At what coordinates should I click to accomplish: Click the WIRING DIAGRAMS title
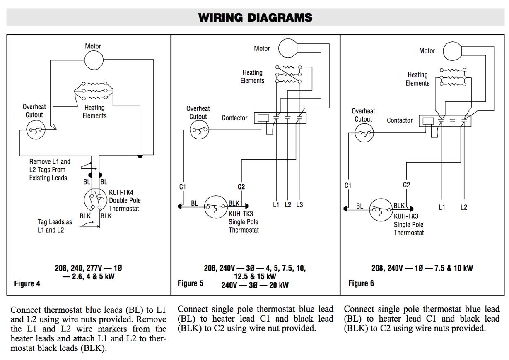[255, 17]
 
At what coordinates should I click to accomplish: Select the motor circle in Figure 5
[287, 48]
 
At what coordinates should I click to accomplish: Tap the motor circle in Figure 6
[452, 51]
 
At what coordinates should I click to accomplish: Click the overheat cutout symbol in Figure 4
[34, 132]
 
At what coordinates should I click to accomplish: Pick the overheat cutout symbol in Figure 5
[200, 132]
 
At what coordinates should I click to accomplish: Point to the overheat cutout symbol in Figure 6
[364, 134]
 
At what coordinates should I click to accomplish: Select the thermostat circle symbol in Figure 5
[216, 206]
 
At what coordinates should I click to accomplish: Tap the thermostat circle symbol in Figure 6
[381, 209]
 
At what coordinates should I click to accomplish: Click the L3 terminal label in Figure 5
[299, 205]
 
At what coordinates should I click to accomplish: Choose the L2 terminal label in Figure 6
[464, 207]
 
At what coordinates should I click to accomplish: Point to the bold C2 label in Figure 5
[241, 187]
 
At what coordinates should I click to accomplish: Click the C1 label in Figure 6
[348, 185]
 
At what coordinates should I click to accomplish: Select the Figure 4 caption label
[27, 283]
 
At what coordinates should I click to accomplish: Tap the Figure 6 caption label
[361, 283]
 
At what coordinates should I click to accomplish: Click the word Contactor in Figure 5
[234, 118]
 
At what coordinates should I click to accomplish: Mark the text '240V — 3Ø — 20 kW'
[255, 285]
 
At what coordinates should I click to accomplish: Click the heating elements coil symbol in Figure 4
[93, 90]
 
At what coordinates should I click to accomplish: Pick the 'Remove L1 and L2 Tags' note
[50, 170]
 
